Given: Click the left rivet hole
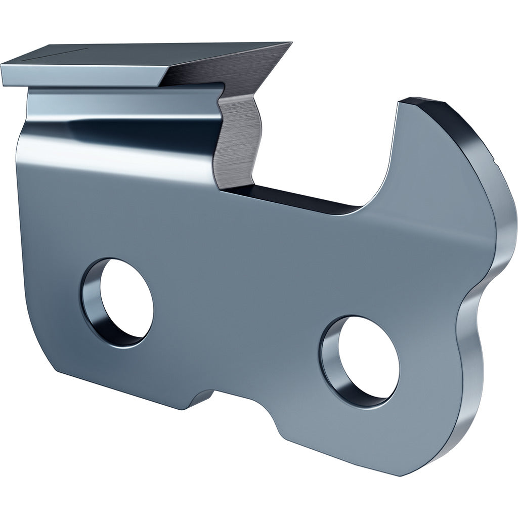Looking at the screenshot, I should coord(125,302).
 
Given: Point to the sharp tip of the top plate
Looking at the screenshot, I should coord(290,44).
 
